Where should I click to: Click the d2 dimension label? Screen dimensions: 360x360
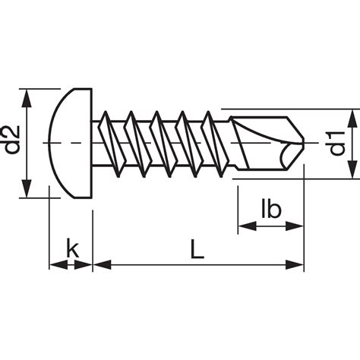click(x=12, y=140)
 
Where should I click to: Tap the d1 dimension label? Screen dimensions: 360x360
click(x=337, y=144)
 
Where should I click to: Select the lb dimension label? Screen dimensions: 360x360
click(x=271, y=209)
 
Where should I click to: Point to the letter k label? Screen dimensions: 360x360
click(x=72, y=248)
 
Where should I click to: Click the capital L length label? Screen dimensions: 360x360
click(x=197, y=249)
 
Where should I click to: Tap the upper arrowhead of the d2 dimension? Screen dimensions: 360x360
click(x=27, y=99)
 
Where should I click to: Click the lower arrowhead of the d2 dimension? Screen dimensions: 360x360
click(x=27, y=188)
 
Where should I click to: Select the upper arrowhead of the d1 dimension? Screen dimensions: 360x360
click(x=352, y=118)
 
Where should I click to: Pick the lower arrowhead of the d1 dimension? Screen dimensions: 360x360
click(x=352, y=169)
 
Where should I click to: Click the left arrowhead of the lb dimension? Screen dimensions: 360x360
click(x=247, y=226)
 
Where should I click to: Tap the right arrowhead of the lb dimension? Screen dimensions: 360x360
click(x=295, y=226)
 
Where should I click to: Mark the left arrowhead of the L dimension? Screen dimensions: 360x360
click(x=103, y=265)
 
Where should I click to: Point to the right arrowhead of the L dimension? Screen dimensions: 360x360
click(x=295, y=265)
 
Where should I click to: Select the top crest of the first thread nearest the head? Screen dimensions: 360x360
click(x=106, y=112)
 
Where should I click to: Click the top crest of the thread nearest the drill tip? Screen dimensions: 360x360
click(x=208, y=112)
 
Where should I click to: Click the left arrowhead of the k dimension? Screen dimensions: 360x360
click(x=58, y=265)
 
